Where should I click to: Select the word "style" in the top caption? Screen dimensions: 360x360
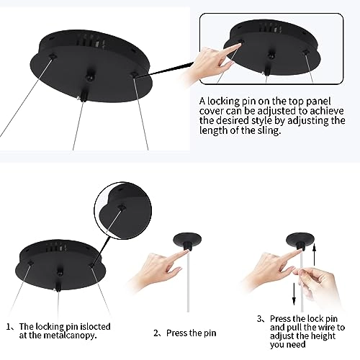(x=262, y=121)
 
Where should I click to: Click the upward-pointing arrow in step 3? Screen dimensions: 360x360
(x=315, y=254)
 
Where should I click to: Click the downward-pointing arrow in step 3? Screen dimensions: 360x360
(x=294, y=294)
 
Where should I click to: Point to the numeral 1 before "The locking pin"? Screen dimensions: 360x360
(x=9, y=327)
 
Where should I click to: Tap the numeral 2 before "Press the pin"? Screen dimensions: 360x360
(x=156, y=333)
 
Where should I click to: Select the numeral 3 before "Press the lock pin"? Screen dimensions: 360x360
(x=260, y=319)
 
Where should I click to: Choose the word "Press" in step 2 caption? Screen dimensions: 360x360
(x=176, y=333)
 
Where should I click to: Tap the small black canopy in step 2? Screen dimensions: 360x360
(x=187, y=241)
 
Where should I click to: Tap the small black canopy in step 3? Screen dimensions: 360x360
(x=300, y=240)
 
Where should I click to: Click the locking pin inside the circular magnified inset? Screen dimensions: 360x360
(x=122, y=207)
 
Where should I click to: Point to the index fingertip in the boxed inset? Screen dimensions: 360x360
(x=238, y=45)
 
